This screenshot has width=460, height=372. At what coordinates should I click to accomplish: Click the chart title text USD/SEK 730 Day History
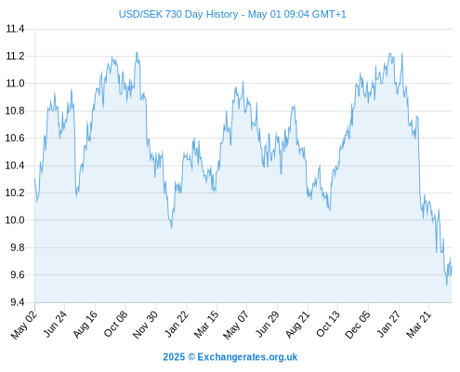pyautogui.click(x=178, y=14)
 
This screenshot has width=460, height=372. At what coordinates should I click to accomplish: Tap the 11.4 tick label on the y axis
pyautogui.click(x=15, y=29)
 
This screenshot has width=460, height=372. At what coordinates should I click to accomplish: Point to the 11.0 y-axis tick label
pyautogui.click(x=15, y=84)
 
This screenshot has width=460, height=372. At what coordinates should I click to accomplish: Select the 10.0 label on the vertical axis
pyautogui.click(x=15, y=220)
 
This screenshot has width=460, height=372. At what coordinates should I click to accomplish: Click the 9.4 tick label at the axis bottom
pyautogui.click(x=18, y=302)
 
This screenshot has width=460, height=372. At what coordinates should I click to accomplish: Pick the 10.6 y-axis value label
pyautogui.click(x=15, y=138)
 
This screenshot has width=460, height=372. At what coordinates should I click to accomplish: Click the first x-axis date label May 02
pyautogui.click(x=24, y=325)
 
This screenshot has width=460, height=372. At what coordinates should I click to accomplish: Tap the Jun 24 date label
pyautogui.click(x=55, y=324)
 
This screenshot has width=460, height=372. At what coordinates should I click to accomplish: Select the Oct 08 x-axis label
pyautogui.click(x=115, y=324)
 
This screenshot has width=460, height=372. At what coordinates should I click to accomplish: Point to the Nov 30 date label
pyautogui.click(x=145, y=325)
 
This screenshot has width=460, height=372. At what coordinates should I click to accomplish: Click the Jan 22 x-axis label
pyautogui.click(x=177, y=324)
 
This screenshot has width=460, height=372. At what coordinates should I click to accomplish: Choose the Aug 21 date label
pyautogui.click(x=297, y=325)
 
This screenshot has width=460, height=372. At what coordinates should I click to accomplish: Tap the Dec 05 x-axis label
pyautogui.click(x=358, y=325)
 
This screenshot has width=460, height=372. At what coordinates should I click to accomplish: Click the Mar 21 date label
pyautogui.click(x=419, y=325)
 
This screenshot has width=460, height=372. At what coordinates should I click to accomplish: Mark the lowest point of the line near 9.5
pyautogui.click(x=447, y=285)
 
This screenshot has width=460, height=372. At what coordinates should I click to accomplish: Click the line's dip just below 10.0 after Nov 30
pyautogui.click(x=171, y=228)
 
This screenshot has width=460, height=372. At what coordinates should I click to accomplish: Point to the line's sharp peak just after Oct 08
pyautogui.click(x=137, y=52)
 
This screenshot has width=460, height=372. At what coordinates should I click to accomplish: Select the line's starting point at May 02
pyautogui.click(x=34, y=179)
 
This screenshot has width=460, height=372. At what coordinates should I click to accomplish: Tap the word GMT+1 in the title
pyautogui.click(x=329, y=14)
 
